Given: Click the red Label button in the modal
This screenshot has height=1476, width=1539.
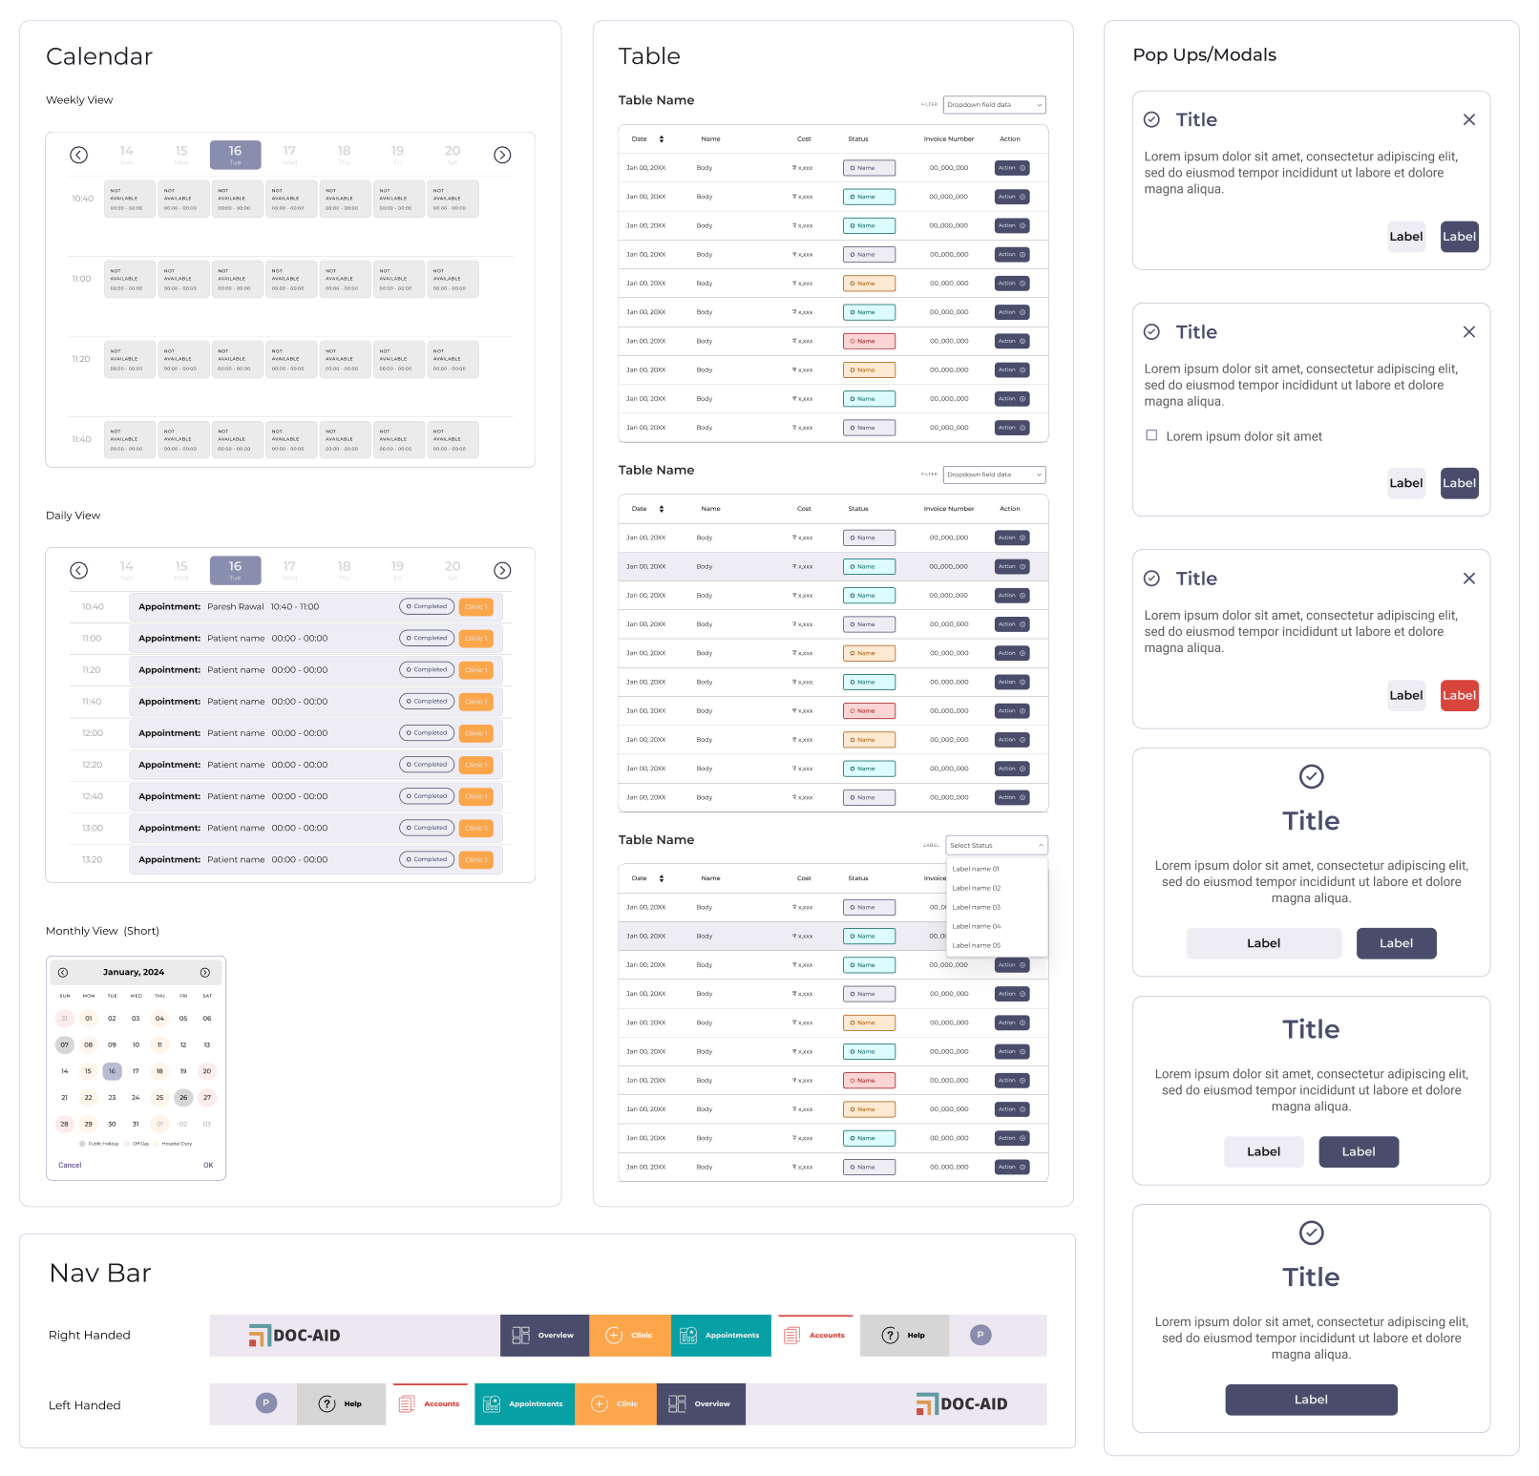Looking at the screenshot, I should click(1459, 696).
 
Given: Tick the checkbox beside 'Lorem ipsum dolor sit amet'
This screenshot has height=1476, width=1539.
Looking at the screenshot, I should click(1151, 435).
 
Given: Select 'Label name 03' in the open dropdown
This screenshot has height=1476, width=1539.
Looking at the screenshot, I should click(977, 907).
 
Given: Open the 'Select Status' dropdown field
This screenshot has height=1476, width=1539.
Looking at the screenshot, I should click(996, 845).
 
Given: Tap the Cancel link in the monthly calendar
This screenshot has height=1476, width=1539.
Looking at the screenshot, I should click(70, 1165).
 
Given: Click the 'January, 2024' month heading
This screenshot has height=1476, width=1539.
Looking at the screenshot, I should click(134, 972).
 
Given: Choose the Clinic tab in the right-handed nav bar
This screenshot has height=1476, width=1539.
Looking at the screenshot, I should click(630, 1336).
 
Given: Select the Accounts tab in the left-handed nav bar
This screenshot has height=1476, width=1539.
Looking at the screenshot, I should click(431, 1404).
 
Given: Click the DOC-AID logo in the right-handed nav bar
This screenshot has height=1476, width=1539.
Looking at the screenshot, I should click(295, 1336).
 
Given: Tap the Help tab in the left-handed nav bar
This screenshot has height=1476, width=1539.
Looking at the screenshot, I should click(341, 1404).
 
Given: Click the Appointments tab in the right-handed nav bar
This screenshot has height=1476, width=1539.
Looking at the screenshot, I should click(721, 1336).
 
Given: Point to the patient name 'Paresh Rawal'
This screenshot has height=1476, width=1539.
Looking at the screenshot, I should click(236, 607).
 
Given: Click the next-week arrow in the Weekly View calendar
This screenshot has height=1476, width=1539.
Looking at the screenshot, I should click(502, 156).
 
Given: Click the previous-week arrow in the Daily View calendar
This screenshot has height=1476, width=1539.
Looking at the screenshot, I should click(79, 571).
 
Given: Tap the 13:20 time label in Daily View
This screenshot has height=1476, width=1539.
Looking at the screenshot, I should click(92, 860).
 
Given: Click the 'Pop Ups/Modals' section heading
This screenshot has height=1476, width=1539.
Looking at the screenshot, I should click(1204, 55).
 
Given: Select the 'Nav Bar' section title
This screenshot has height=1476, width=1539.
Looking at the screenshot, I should click(100, 1274).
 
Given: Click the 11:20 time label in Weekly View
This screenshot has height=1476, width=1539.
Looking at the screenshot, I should click(81, 360).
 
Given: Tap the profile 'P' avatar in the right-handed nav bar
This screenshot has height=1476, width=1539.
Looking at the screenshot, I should click(980, 1336).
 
